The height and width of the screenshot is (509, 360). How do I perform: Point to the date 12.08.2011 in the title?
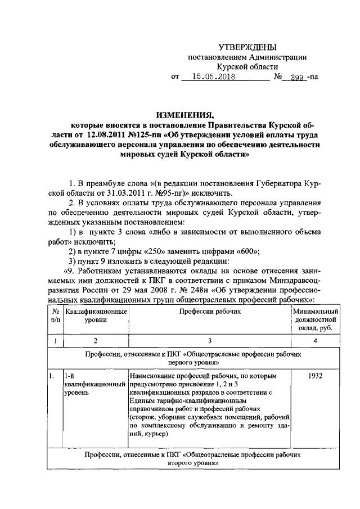(x=110, y=134)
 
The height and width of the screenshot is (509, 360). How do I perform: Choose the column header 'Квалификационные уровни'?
(x=95, y=316)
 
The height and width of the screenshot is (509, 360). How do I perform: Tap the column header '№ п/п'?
(x=55, y=316)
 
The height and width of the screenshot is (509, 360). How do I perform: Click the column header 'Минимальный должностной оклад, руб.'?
(x=315, y=319)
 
